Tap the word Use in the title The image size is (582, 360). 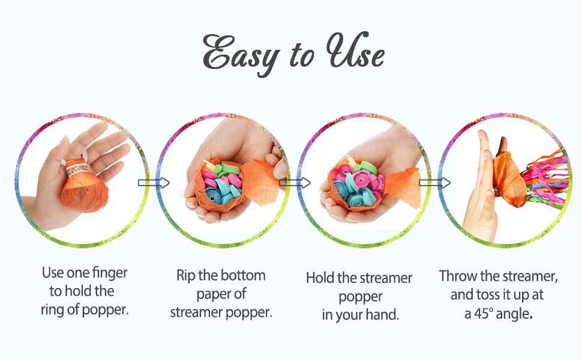353,54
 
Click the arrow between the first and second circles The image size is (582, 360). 154,182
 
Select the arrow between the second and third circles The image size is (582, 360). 295,182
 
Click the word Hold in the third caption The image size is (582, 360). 319,278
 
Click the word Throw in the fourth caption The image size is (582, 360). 457,276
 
